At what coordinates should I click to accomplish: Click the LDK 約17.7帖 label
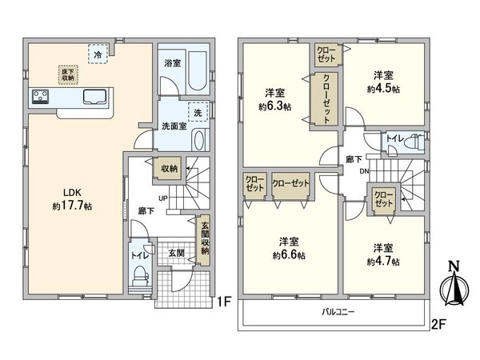[x=72, y=199]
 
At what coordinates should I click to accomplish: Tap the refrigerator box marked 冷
[x=98, y=54]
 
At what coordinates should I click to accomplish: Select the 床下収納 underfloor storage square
[x=68, y=74]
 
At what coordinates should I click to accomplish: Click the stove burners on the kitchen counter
[x=41, y=97]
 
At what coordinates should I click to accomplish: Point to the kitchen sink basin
[x=95, y=96]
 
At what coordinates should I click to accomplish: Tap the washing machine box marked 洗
[x=198, y=112]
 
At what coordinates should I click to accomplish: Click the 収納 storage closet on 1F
[x=169, y=168]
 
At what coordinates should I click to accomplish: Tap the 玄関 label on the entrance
[x=177, y=253]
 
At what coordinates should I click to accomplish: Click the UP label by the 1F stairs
[x=163, y=198]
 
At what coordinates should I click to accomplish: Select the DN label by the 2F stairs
[x=364, y=171]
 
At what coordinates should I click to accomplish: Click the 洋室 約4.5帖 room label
[x=383, y=82]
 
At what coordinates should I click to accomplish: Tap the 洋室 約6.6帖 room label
[x=289, y=248]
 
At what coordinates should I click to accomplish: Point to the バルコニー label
[x=338, y=312]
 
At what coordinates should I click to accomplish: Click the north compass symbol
[x=454, y=284]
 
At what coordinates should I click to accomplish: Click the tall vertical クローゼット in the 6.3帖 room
[x=325, y=98]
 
